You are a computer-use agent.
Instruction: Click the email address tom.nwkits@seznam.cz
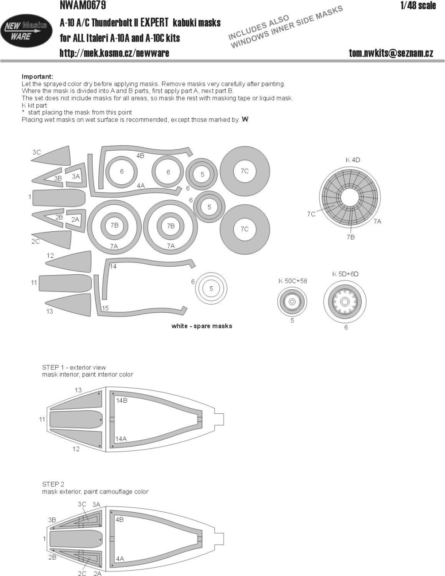391,53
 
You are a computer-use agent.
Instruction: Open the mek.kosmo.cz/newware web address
114,53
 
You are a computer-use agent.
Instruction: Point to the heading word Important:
37,77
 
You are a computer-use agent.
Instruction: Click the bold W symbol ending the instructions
245,120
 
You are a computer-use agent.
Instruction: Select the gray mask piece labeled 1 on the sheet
58,197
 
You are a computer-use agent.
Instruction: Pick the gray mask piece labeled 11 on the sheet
65,283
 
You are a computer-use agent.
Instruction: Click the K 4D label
353,160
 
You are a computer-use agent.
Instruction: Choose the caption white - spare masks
202,326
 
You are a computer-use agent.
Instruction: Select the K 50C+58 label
293,281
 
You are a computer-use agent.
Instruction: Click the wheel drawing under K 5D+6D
346,302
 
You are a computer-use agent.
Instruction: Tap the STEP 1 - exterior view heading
74,367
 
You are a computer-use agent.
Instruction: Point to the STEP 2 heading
53,484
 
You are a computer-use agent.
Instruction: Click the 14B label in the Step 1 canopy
122,400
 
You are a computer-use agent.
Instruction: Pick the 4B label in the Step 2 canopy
120,520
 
